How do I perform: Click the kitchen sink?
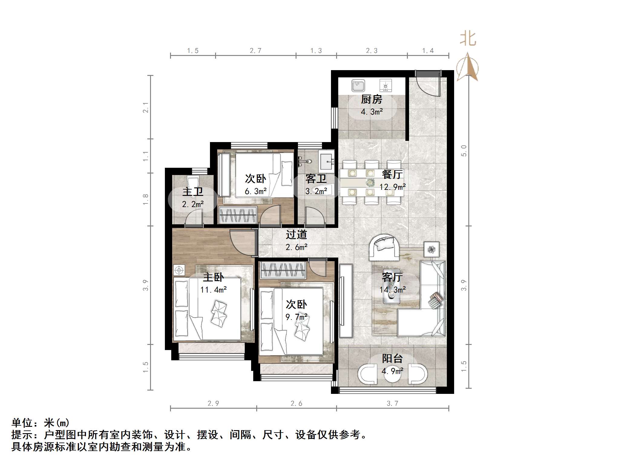(x=358, y=86)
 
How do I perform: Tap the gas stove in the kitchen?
(x=385, y=86)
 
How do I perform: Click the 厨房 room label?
(x=372, y=99)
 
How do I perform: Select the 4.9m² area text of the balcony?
(x=392, y=371)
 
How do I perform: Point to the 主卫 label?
(x=193, y=192)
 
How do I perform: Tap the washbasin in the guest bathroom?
(x=326, y=162)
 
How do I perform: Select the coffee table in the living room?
(x=391, y=286)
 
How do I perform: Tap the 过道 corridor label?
(x=296, y=235)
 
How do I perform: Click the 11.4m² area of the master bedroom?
(x=213, y=290)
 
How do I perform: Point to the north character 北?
(x=468, y=39)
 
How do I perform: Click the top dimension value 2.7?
(x=256, y=51)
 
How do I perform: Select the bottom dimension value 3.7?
(x=392, y=404)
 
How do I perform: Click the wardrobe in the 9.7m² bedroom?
(x=283, y=270)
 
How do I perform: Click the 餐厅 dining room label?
(x=392, y=174)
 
